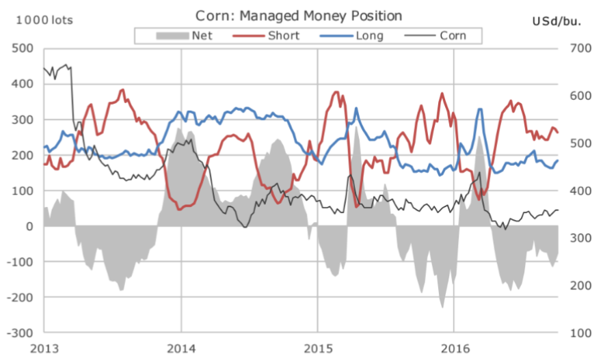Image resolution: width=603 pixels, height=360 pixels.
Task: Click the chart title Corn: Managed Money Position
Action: click(299, 15)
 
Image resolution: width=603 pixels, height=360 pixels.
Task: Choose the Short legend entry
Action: click(269, 35)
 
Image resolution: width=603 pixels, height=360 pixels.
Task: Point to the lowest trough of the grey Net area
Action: click(442, 307)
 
